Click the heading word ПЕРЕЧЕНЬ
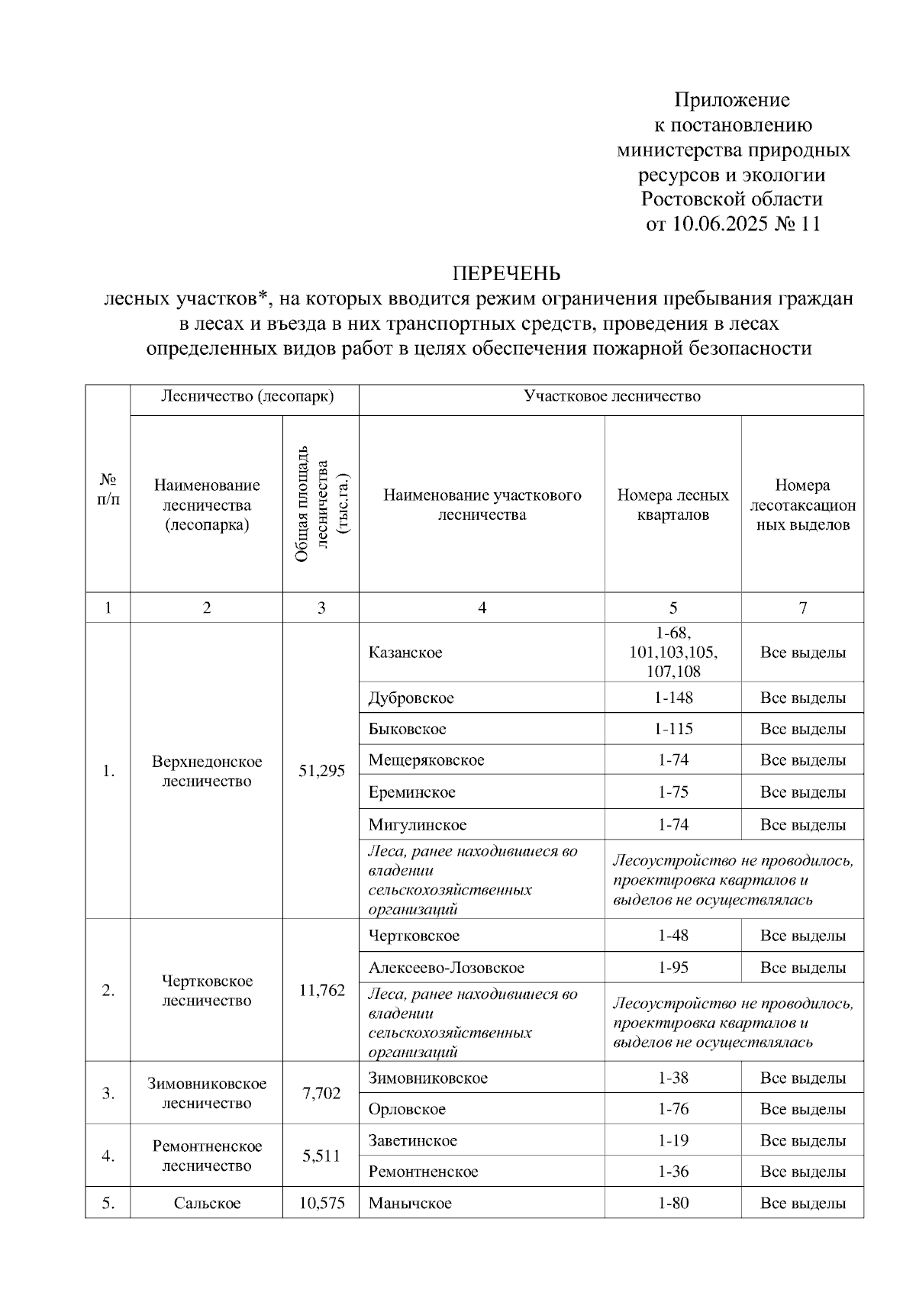[x=506, y=273]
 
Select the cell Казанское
[x=405, y=653]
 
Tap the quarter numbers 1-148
[x=673, y=698]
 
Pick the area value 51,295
[x=321, y=771]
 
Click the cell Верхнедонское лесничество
[x=207, y=771]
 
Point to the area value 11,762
[x=321, y=991]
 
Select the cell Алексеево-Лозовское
[x=447, y=968]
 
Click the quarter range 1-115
[x=673, y=729]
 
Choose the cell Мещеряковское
[x=426, y=760]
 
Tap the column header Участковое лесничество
[x=611, y=396]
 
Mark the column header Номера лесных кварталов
[x=673, y=505]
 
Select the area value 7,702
[x=321, y=1093]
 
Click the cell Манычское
[x=410, y=1204]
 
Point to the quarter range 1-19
[x=673, y=1140]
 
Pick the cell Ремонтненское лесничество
[x=207, y=1156]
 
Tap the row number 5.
[x=108, y=1204]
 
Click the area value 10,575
[x=321, y=1204]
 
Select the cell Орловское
[x=407, y=1109]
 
